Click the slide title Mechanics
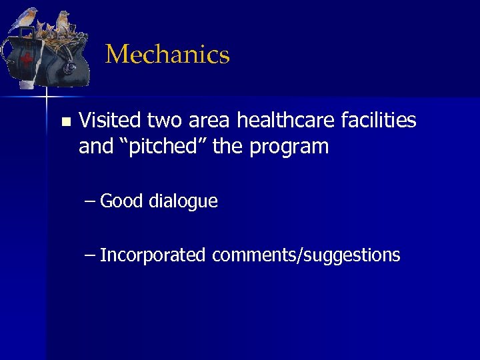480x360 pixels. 167,55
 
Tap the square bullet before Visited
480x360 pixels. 65,122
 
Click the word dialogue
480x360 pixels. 183,202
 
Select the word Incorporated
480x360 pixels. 153,255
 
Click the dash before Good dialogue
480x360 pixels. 90,201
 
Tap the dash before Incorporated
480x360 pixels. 90,255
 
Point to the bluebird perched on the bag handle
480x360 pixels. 25,18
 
